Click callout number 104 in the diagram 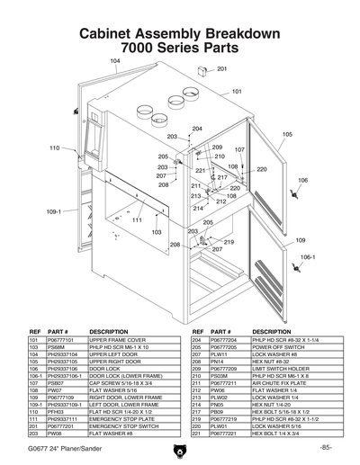(x=114, y=60)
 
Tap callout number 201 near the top (x=221, y=68)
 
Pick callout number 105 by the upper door (x=287, y=134)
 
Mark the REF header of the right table (x=197, y=332)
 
